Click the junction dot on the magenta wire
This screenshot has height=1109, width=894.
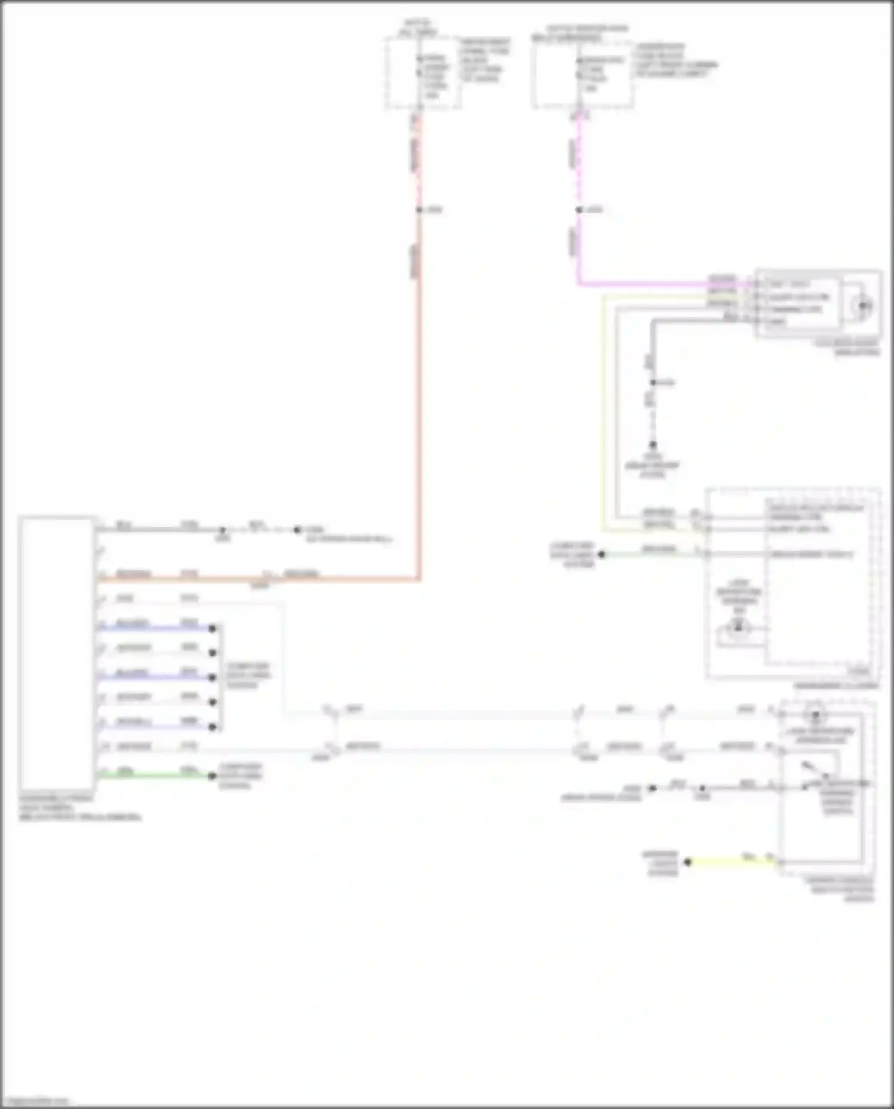579,210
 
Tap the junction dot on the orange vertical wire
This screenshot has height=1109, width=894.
419,210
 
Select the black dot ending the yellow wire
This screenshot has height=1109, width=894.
687,862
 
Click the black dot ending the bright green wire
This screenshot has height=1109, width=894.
212,776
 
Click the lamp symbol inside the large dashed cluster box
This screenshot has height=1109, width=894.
738,627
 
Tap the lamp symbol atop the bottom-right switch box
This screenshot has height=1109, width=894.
816,715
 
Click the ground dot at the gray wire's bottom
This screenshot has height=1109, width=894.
653,445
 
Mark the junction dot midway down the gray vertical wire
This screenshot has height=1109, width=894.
653,382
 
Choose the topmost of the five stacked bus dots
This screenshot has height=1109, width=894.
212,628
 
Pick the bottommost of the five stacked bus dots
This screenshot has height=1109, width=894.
212,727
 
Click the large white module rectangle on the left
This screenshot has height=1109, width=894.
57,653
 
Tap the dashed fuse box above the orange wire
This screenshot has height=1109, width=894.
422,73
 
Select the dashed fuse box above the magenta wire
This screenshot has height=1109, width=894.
582,74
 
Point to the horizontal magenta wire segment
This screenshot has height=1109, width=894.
644,284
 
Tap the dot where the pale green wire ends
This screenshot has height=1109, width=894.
601,554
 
